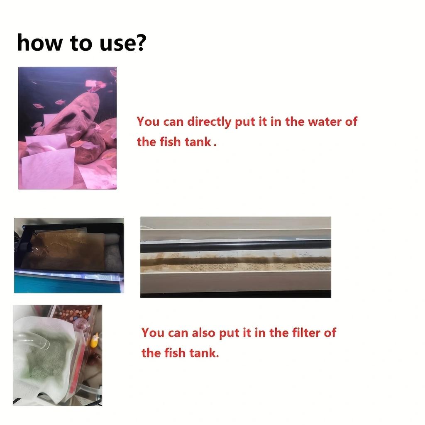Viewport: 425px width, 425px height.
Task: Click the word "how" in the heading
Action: [x=38, y=43]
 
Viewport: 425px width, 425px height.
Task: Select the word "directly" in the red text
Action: [x=209, y=122]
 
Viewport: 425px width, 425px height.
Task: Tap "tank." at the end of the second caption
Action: [x=203, y=353]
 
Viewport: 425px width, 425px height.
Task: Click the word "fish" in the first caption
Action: [x=170, y=142]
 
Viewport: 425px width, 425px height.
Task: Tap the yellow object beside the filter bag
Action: [x=95, y=341]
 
